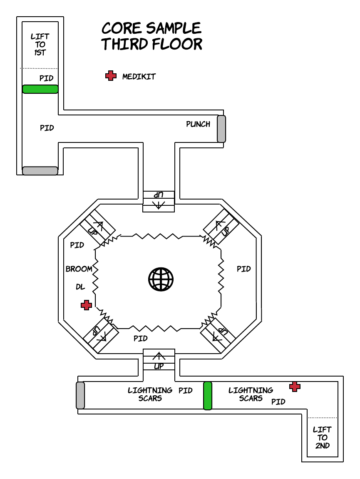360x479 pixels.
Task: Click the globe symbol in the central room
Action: (161, 279)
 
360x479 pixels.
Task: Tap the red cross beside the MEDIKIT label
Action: (111, 76)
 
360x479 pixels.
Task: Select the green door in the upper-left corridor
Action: (40, 89)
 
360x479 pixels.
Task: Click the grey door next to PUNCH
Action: (221, 129)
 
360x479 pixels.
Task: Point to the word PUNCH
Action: (198, 124)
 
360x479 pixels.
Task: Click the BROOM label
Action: (79, 269)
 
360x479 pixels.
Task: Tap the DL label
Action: (80, 287)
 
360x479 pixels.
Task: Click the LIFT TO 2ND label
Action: (323, 437)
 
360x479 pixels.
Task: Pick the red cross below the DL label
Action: (86, 305)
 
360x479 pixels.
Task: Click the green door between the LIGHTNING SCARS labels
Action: (208, 396)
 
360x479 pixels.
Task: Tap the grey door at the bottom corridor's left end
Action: (80, 395)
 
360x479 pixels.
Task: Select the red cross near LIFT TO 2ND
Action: (295, 387)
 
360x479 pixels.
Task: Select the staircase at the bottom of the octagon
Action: (159, 360)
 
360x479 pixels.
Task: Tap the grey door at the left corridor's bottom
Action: (40, 171)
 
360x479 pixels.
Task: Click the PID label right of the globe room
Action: (244, 269)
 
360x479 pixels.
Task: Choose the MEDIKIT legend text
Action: (139, 77)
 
